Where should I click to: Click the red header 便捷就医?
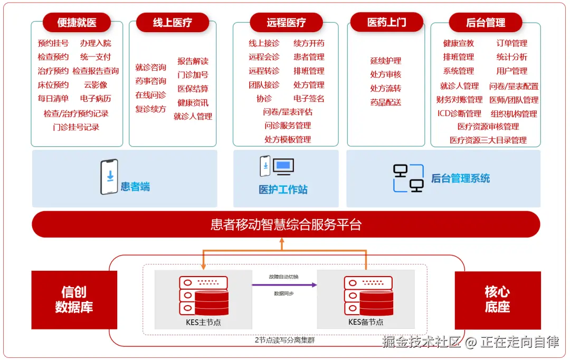(x=77, y=22)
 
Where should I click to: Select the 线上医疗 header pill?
(x=173, y=22)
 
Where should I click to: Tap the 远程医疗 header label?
(x=286, y=22)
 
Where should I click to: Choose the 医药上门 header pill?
(x=387, y=22)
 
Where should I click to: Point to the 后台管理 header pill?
(x=486, y=22)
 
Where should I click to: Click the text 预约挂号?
(x=53, y=43)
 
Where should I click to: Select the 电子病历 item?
(x=96, y=98)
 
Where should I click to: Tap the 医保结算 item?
(x=193, y=89)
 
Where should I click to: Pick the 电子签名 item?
(x=309, y=98)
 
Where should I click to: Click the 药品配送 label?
(x=386, y=102)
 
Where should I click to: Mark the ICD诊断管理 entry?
(x=459, y=113)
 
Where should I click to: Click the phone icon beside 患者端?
(x=109, y=177)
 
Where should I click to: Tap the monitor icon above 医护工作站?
(x=283, y=166)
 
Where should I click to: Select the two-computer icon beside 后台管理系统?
(x=408, y=178)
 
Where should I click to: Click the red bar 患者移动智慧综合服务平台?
(x=286, y=224)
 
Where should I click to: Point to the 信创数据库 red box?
(x=74, y=300)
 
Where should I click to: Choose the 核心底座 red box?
(x=497, y=300)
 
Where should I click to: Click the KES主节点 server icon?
(x=203, y=296)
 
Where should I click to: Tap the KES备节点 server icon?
(x=368, y=296)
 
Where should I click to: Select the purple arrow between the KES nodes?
(x=284, y=285)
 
